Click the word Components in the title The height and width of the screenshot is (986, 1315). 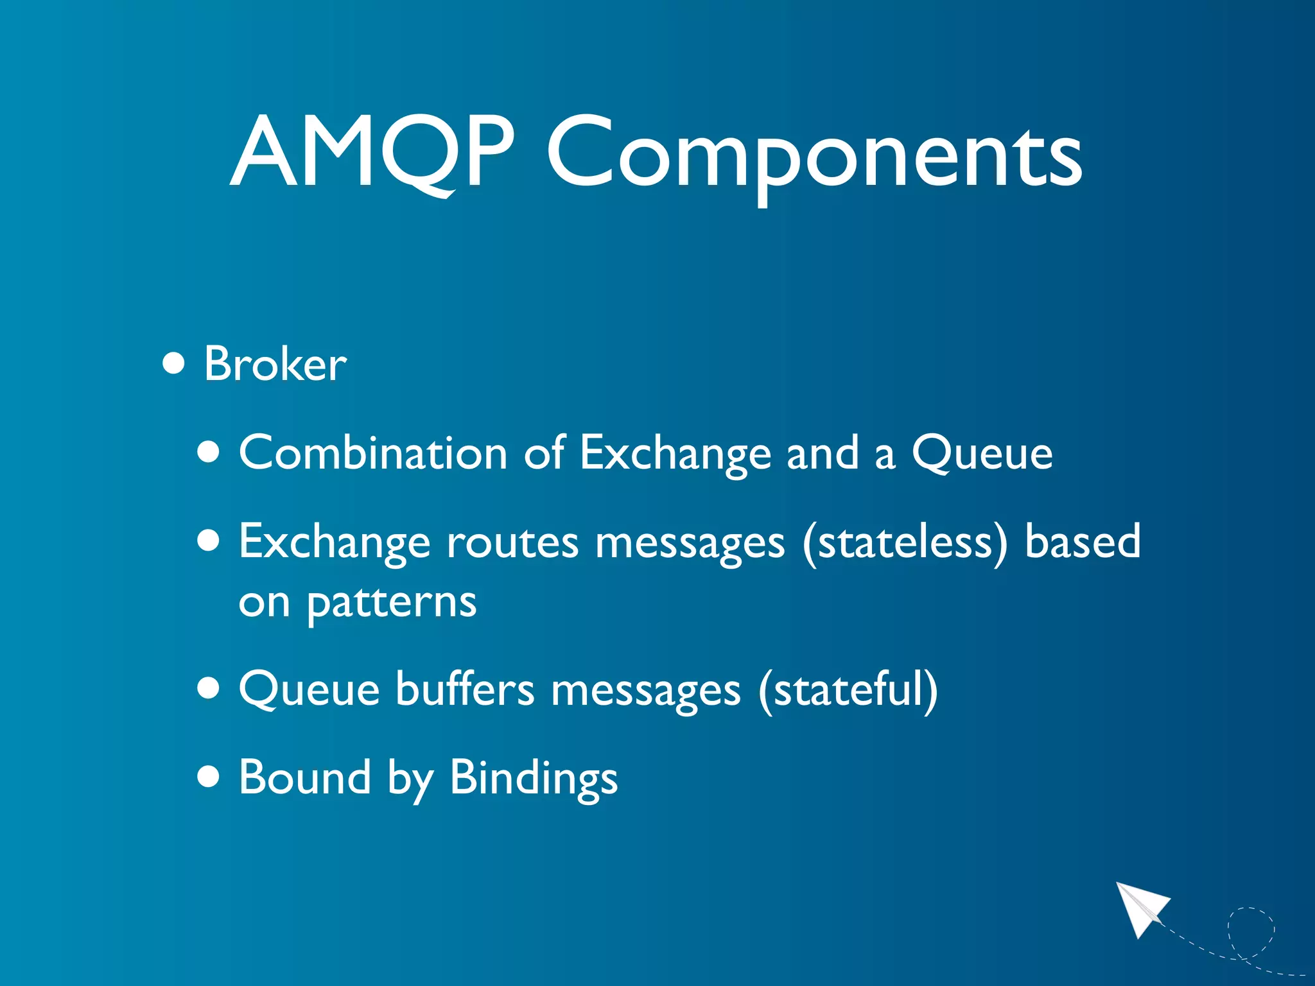[x=814, y=157]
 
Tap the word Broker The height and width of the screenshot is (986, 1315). [x=275, y=364]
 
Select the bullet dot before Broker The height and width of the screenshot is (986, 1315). [x=173, y=364]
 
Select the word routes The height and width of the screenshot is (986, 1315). [x=512, y=542]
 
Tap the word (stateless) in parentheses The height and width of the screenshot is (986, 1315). [x=905, y=542]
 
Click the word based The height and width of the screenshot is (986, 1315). [x=1082, y=541]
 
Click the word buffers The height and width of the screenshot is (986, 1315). [x=464, y=689]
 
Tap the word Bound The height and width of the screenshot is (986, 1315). [x=305, y=777]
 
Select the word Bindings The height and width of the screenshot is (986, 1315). [x=533, y=779]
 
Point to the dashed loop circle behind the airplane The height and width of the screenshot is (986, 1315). [x=1251, y=931]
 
